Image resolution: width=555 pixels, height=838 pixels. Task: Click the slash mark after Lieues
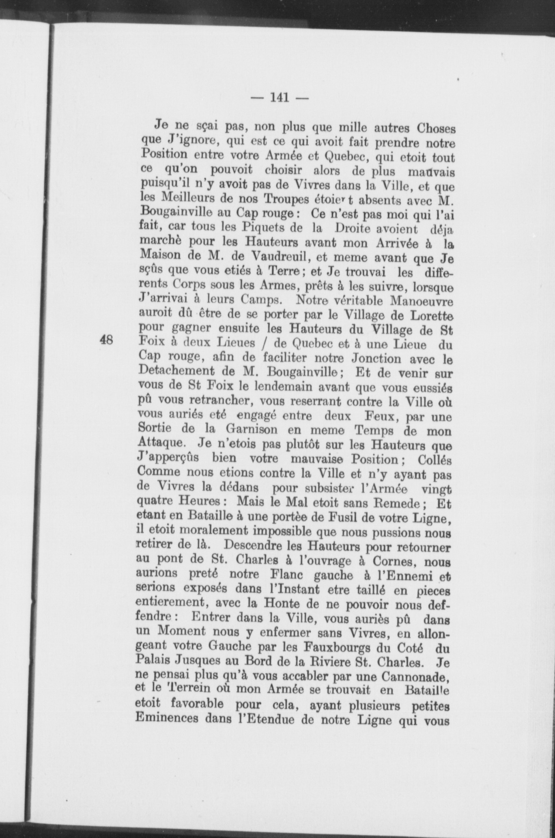(264, 344)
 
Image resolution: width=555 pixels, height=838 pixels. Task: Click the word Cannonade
(420, 676)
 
